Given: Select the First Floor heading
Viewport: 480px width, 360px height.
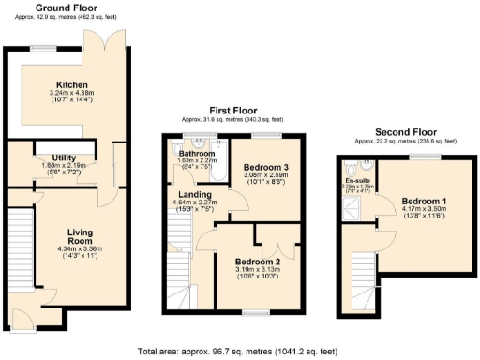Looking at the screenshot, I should click(221, 112).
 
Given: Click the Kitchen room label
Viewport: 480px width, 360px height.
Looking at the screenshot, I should click(72, 83).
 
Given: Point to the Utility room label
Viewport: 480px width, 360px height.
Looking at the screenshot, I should click(55, 157).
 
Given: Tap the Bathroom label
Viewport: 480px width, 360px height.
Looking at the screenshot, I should click(197, 153).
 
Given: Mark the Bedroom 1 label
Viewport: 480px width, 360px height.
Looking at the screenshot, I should click(424, 202).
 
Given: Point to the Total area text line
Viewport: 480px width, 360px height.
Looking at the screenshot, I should click(240, 351).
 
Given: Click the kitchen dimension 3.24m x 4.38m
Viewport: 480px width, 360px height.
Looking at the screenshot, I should click(72, 93).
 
